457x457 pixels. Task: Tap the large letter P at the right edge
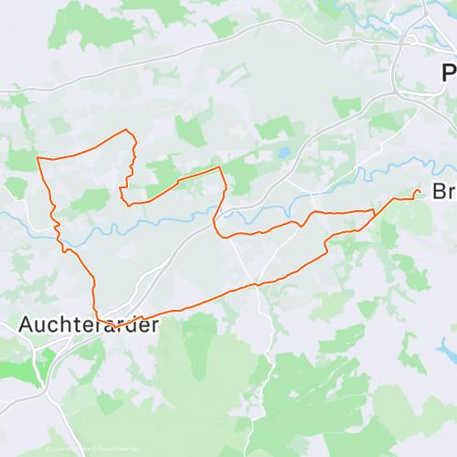pos(448,73)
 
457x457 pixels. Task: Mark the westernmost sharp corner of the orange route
pos(37,158)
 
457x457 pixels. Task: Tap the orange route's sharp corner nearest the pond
pos(220,167)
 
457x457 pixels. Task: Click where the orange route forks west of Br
pos(374,212)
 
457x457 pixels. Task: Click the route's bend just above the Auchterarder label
pos(98,311)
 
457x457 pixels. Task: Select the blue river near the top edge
pos(366,14)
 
